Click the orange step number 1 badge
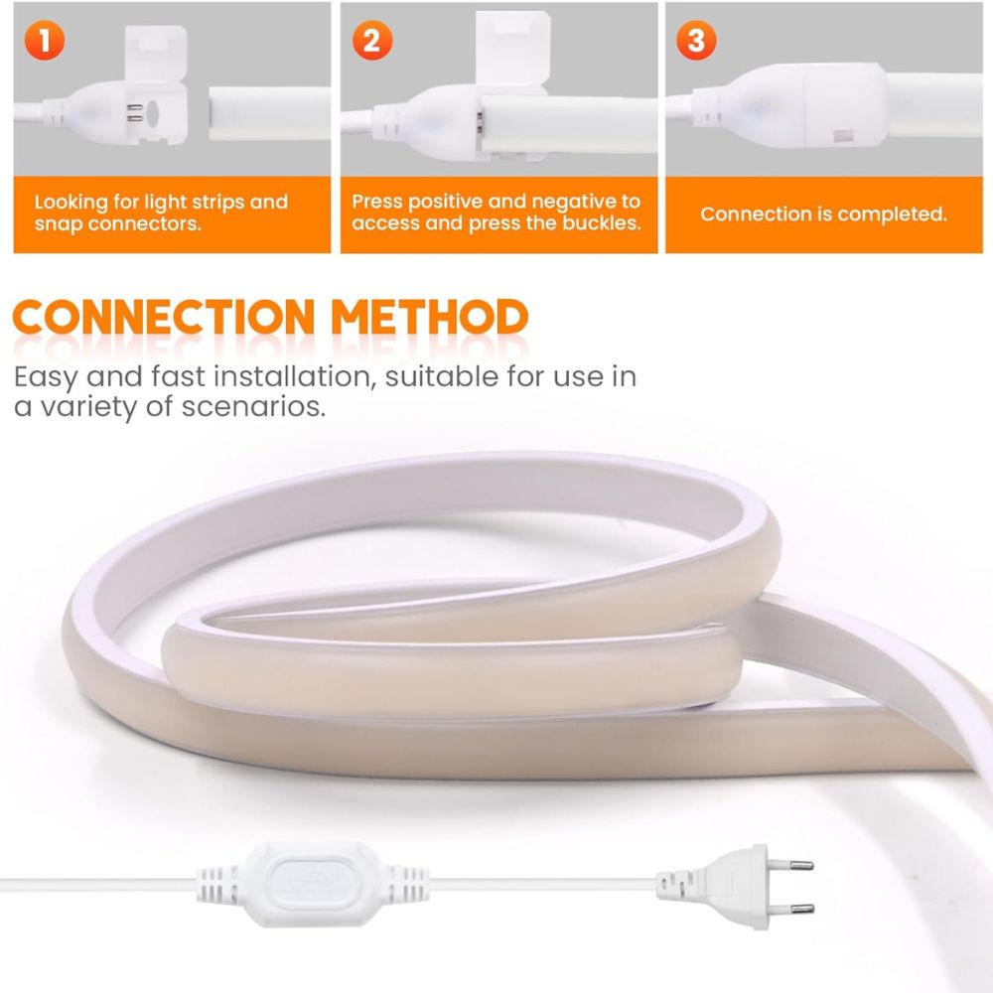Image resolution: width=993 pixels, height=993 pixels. [x=45, y=41]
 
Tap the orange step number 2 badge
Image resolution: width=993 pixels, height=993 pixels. [x=371, y=41]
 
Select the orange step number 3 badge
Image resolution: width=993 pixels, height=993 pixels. [x=696, y=41]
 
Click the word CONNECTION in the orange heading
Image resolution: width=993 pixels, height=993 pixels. [x=164, y=317]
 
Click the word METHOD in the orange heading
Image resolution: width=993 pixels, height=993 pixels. [x=430, y=317]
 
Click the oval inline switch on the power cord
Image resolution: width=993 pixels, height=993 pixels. [x=313, y=884]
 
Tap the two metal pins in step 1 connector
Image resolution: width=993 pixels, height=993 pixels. [x=134, y=113]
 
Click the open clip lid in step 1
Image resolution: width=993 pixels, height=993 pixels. [x=155, y=54]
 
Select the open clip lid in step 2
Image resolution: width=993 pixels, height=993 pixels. [x=513, y=48]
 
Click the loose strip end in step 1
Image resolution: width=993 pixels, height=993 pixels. [x=269, y=113]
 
